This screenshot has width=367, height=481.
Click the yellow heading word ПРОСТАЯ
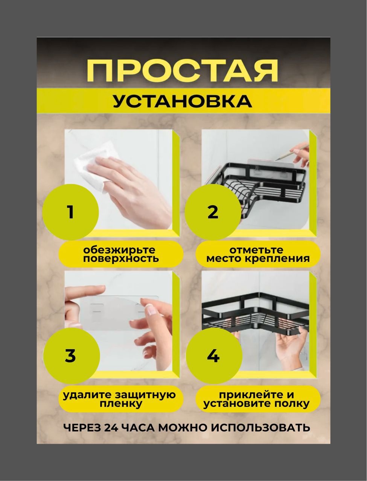click(x=183, y=71)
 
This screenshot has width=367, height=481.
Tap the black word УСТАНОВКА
click(x=183, y=101)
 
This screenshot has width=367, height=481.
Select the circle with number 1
click(x=70, y=212)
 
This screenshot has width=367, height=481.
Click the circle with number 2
click(x=213, y=212)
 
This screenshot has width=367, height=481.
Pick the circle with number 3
click(x=72, y=355)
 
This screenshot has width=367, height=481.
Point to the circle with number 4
click(x=214, y=355)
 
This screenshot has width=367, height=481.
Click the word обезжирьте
click(x=119, y=250)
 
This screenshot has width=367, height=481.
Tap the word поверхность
click(x=121, y=259)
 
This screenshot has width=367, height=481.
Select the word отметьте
click(x=256, y=250)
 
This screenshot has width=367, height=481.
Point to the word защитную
click(x=145, y=395)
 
